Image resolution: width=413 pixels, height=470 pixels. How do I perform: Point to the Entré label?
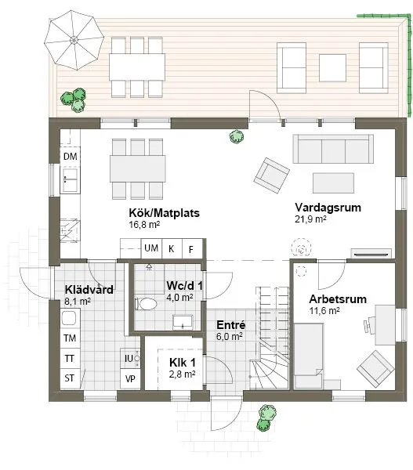tap(230, 324)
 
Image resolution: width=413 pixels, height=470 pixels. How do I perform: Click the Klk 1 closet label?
tap(182, 363)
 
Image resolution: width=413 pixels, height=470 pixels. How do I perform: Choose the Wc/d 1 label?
tap(184, 286)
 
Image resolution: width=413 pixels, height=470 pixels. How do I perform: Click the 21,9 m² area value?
tap(310, 219)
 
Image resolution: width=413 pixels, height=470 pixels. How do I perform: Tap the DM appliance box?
tap(71, 157)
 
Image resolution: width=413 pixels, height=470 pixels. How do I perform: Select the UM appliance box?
tap(150, 249)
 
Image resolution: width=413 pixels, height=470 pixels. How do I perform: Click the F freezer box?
tap(190, 249)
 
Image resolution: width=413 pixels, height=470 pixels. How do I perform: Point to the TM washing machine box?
tap(70, 339)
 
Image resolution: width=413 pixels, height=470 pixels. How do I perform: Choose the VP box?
tap(129, 379)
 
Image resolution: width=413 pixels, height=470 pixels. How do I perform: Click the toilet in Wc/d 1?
tap(147, 303)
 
